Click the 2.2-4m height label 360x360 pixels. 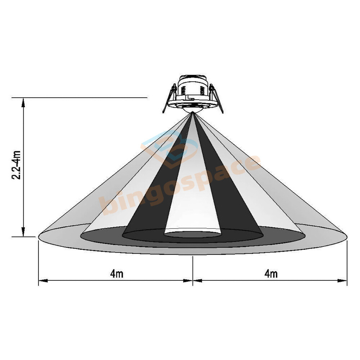coord(16,165)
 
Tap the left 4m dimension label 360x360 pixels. coord(117,274)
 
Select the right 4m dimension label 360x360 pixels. coord(271,274)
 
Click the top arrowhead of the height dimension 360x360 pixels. coord(23,102)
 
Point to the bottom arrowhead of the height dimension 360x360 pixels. coord(23,231)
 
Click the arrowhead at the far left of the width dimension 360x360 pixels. coord(43,280)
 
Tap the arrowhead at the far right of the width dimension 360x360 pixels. coord(342,280)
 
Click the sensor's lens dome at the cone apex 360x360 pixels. coord(192,110)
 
